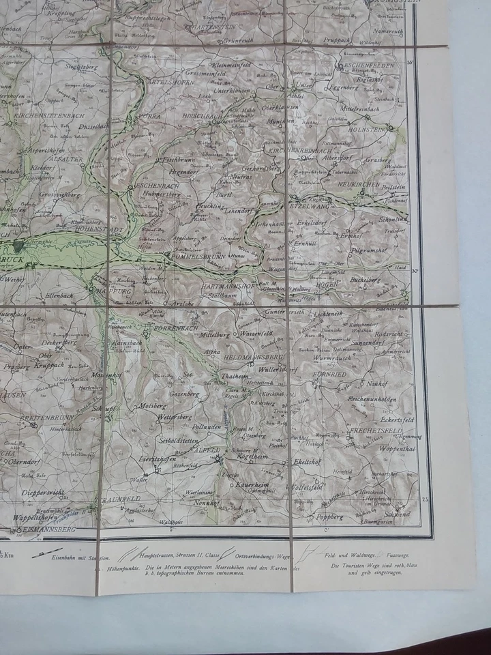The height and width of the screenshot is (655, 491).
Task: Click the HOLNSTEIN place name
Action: (x=365, y=127)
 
